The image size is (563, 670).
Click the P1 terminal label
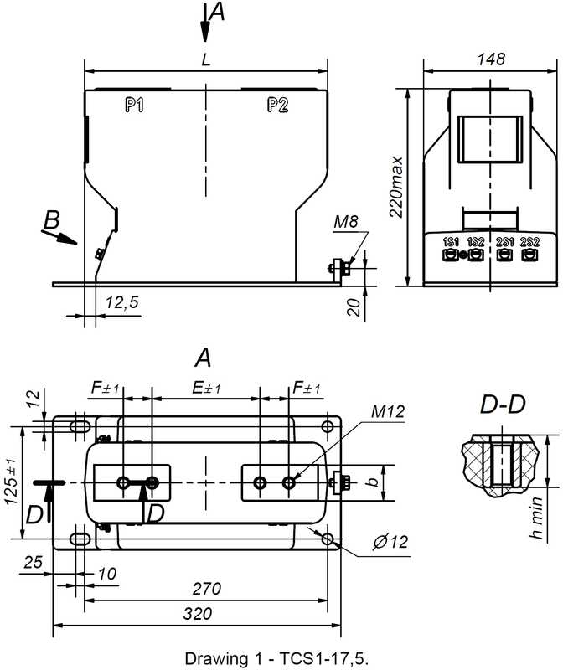(135, 105)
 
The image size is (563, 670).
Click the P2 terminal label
(278, 105)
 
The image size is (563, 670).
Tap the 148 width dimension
(491, 59)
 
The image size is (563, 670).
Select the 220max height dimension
(397, 187)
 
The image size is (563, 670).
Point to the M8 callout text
(346, 222)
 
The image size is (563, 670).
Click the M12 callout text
(388, 411)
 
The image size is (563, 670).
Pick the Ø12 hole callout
(390, 542)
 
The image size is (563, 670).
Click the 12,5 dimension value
(122, 302)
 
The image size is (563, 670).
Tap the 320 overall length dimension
(198, 614)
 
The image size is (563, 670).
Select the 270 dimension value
(206, 589)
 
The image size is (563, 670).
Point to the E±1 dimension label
(206, 388)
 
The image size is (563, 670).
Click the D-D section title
(503, 405)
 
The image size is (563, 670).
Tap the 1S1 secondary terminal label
(451, 242)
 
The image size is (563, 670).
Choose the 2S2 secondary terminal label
(529, 242)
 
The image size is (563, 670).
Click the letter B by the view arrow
(52, 220)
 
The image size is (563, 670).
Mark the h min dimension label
(536, 518)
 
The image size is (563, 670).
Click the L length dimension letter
(206, 59)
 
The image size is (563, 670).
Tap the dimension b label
(373, 482)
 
